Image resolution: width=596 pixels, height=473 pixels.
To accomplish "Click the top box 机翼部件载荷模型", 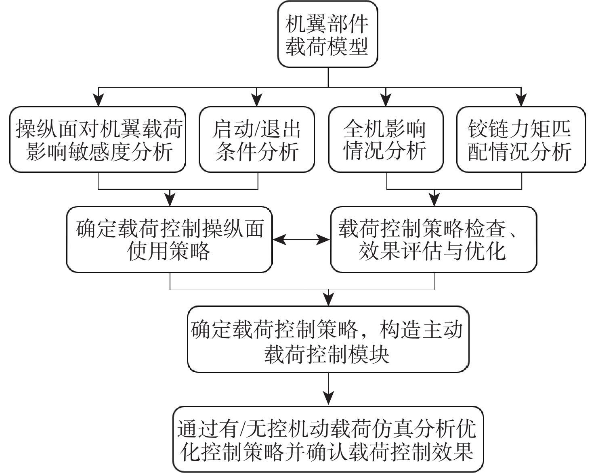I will point(327,34).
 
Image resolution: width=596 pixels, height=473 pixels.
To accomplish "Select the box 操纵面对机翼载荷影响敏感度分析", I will point(98,140).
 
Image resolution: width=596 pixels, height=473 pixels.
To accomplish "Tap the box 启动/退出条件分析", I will point(257,140).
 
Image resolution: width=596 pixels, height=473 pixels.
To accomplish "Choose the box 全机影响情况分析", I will point(386,140).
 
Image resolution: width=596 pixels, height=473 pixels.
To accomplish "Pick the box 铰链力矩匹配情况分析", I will point(520,140).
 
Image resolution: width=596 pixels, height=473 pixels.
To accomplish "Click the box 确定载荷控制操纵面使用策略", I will point(170,239).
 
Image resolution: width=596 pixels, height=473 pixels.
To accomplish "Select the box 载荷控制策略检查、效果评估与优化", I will point(434,239).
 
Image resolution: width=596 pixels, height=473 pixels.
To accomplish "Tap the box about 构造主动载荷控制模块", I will point(328,339).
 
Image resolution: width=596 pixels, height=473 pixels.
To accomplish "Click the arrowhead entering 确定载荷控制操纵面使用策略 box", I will point(170,200).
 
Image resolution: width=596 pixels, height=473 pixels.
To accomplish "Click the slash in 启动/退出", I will point(256,129).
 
